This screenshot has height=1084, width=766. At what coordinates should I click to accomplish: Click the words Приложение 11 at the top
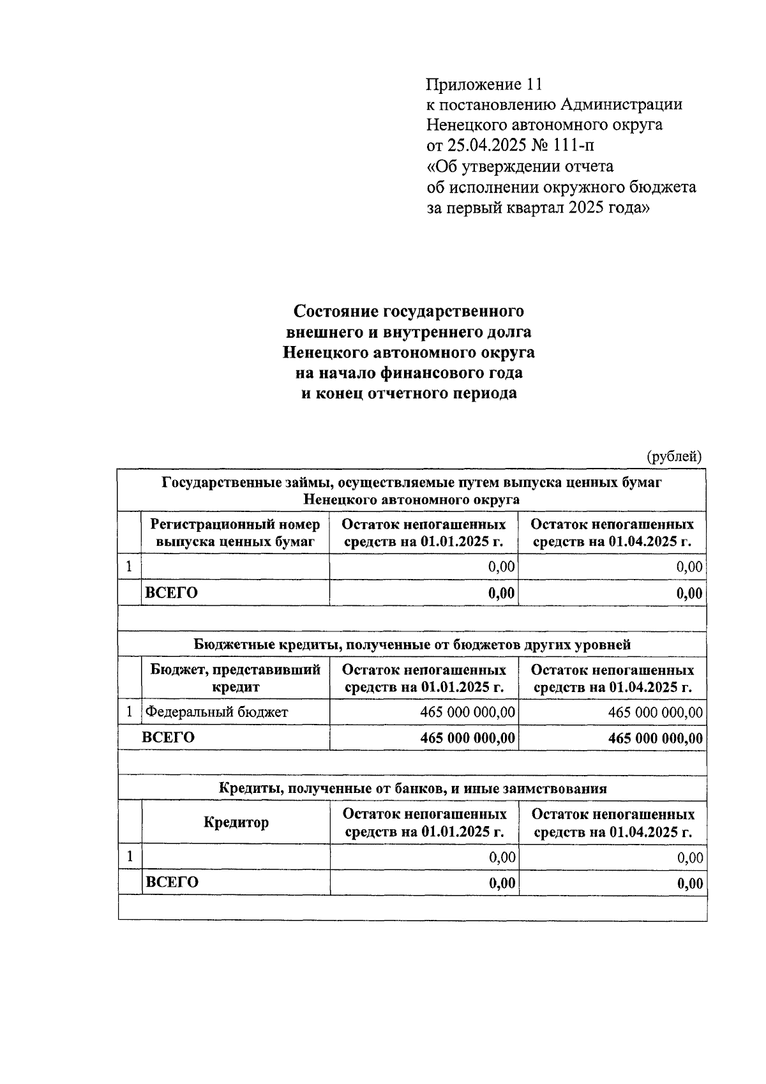[x=484, y=84]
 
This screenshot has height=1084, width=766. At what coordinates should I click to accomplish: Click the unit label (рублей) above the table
[x=674, y=456]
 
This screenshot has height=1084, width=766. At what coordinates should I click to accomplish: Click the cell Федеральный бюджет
[x=216, y=712]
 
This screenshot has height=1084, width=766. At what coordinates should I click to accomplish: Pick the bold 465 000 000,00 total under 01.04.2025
[x=656, y=739]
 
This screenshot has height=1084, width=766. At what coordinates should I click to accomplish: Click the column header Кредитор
[x=236, y=822]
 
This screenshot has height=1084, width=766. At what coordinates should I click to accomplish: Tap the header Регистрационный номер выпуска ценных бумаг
[x=235, y=533]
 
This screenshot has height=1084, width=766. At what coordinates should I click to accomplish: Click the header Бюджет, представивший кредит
[x=235, y=679]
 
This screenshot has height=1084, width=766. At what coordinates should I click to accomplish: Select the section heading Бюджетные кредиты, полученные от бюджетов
[x=412, y=644]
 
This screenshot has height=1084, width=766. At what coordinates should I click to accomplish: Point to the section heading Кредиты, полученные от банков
[x=412, y=788]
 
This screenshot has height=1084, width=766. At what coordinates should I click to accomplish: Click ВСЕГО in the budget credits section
[x=168, y=737]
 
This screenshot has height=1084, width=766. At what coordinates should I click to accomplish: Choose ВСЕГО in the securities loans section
[x=172, y=592]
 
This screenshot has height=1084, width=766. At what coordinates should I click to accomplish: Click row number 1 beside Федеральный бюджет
[x=130, y=711]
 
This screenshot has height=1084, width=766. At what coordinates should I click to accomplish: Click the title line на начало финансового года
[x=409, y=373]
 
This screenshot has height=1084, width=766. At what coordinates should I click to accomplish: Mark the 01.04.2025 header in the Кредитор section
[x=613, y=823]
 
